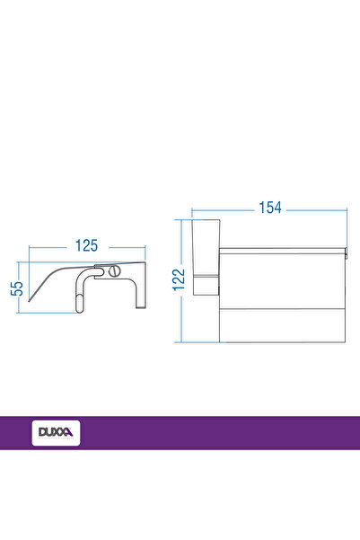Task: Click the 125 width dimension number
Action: (85, 244)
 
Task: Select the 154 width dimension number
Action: (270, 208)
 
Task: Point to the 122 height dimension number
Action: (180, 279)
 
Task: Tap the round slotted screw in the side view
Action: (113, 271)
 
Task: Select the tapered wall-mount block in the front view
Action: (206, 251)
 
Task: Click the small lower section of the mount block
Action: (206, 288)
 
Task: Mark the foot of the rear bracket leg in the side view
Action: (140, 306)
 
